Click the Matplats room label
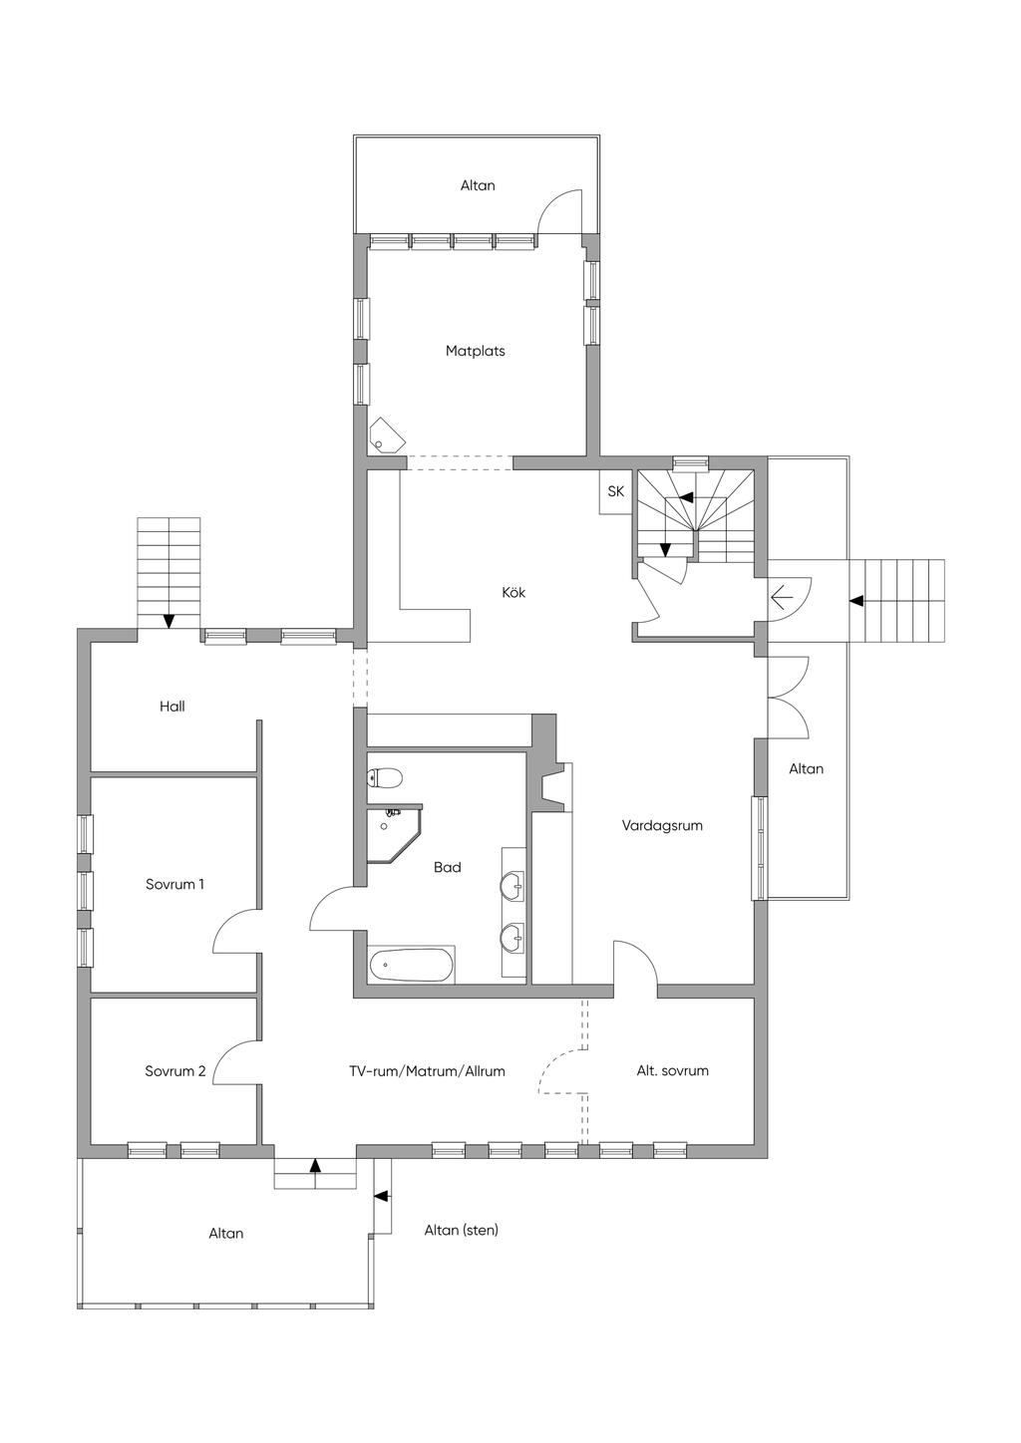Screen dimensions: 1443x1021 tap(475, 351)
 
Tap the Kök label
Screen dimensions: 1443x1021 tap(513, 593)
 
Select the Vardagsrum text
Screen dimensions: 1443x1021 tap(662, 825)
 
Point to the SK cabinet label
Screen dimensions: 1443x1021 tap(615, 491)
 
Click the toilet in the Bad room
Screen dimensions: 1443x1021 tap(386, 777)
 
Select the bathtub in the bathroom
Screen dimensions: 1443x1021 tap(412, 965)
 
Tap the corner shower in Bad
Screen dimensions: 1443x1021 tap(393, 833)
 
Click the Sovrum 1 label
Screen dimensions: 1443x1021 tap(174, 884)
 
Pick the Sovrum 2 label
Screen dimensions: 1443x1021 tap(174, 1071)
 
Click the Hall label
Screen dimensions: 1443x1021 tap(172, 707)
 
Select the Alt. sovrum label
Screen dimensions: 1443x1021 tap(672, 1071)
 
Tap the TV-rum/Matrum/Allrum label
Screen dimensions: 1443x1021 tap(427, 1071)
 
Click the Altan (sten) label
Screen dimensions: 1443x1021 tap(461, 1230)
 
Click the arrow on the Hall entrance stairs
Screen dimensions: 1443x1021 tap(169, 621)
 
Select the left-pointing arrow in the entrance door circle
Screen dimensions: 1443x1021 tap(782, 598)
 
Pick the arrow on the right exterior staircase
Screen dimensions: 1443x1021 tap(855, 601)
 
